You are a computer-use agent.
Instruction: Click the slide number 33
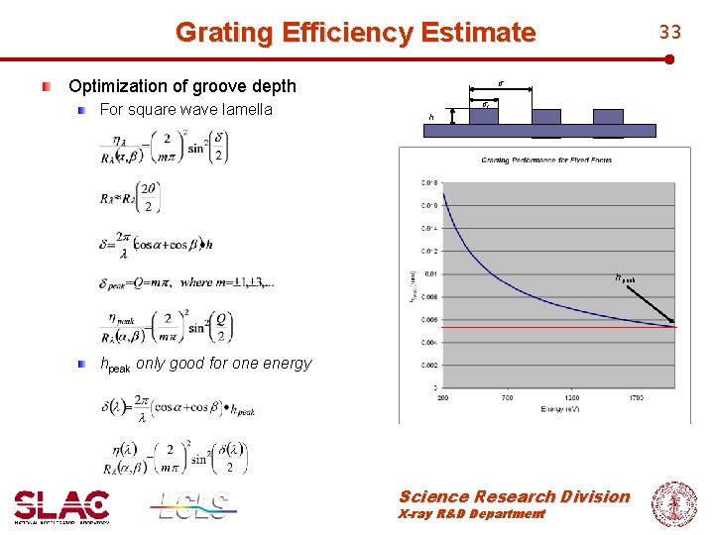pyautogui.click(x=671, y=33)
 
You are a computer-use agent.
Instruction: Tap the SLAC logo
pyautogui.click(x=61, y=506)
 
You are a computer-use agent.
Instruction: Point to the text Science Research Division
pyautogui.click(x=514, y=496)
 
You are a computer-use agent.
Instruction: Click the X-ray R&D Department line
pyautogui.click(x=471, y=514)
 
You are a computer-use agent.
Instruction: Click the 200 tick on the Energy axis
pyautogui.click(x=443, y=396)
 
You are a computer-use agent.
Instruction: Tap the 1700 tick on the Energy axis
pyautogui.click(x=636, y=396)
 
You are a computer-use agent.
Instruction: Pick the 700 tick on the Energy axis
pyautogui.click(x=507, y=396)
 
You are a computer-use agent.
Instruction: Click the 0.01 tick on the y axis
pyautogui.click(x=428, y=273)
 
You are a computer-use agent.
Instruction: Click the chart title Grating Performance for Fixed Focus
pyautogui.click(x=546, y=160)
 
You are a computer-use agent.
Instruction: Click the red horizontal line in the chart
pyautogui.click(x=555, y=325)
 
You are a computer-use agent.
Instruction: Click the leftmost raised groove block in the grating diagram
pyautogui.click(x=483, y=116)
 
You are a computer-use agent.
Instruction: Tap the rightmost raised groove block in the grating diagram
pyautogui.click(x=608, y=116)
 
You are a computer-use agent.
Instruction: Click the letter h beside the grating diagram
pyautogui.click(x=431, y=117)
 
